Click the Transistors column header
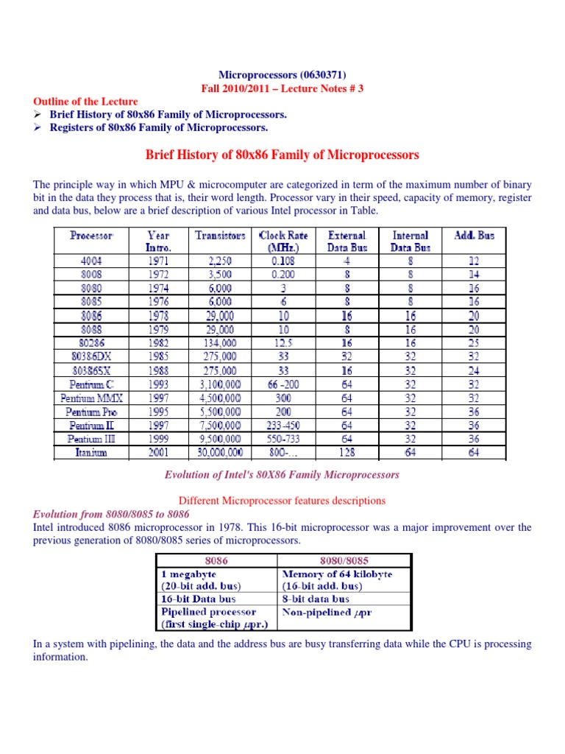point(220,236)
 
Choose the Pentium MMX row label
point(92,398)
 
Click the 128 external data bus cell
point(347,453)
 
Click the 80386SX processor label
point(92,370)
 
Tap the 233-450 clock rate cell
point(283,425)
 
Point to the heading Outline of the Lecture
point(85,101)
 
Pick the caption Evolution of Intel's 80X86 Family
point(282,475)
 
